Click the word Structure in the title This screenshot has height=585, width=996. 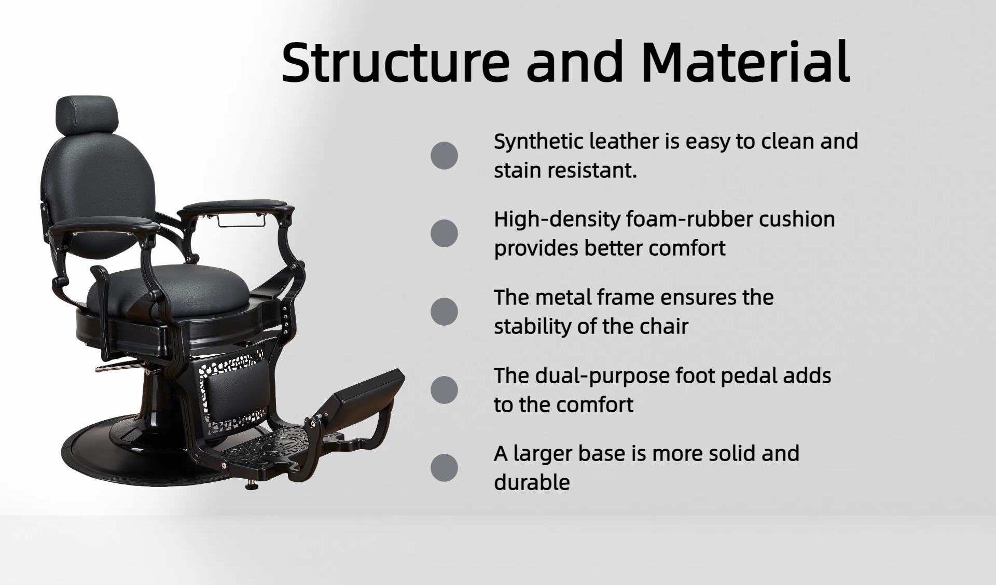point(396,62)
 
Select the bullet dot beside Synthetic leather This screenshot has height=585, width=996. point(444,156)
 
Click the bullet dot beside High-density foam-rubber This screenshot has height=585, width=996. point(444,233)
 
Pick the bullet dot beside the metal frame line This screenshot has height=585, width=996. point(444,312)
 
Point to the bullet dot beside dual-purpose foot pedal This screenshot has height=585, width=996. point(444,389)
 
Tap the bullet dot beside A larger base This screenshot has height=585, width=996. point(444,468)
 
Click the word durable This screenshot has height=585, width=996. point(532,482)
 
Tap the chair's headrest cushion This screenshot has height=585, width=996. point(87,114)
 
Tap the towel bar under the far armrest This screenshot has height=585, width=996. point(241,220)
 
